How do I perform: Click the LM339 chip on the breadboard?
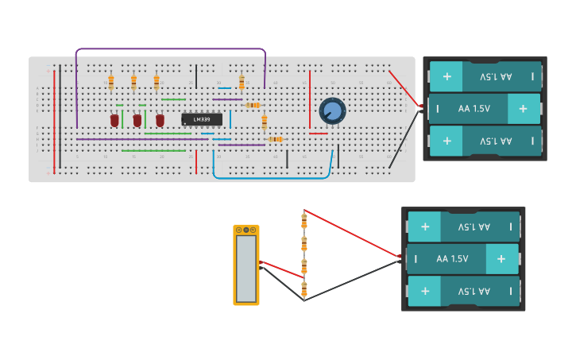coord(201,120)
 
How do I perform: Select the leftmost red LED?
coord(114,120)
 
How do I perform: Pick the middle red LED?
coord(137,120)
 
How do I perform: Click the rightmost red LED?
coord(160,120)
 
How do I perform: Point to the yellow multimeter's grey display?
coord(246,269)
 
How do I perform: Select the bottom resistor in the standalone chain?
coord(303,288)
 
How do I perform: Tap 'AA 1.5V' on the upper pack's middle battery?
coord(475,108)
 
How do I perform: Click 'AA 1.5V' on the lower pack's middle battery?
coord(453,258)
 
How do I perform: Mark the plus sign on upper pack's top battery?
coord(446,76)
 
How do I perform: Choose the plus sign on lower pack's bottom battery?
coord(425,291)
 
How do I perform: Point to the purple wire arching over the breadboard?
coord(171,49)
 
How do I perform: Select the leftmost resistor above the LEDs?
coord(110,82)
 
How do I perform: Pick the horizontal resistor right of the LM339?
coord(253,105)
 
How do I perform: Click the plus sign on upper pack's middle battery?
coord(523,108)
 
